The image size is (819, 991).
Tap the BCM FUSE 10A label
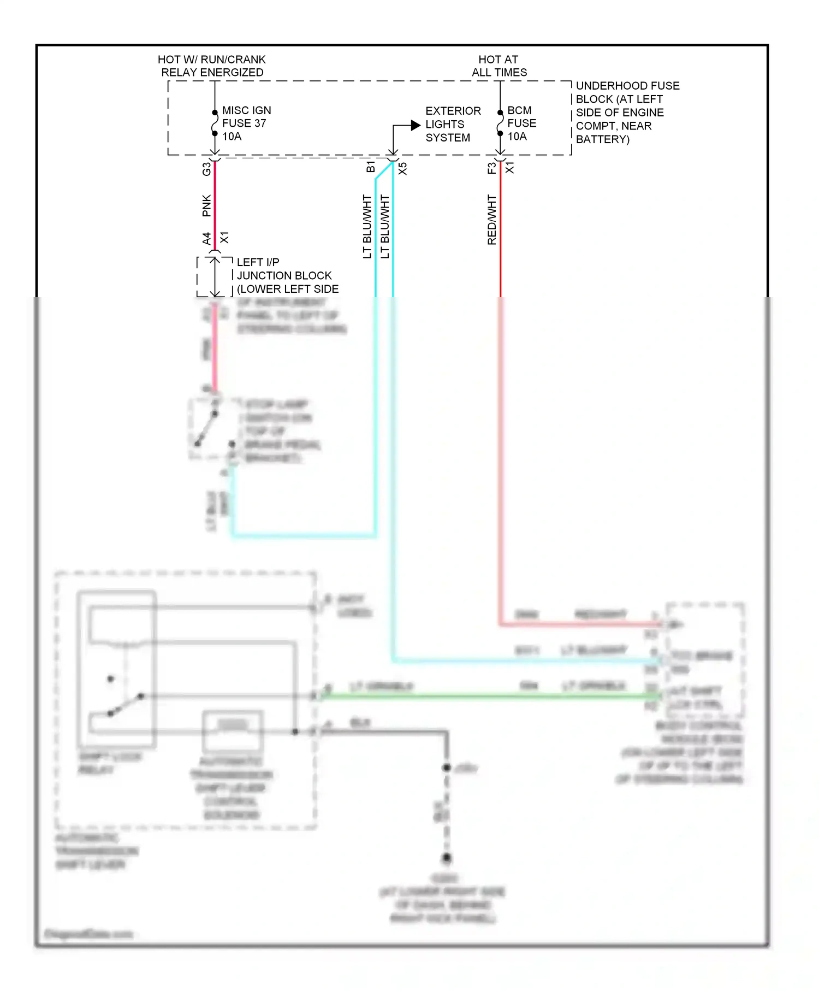tap(521, 123)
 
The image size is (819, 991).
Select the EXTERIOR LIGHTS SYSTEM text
tap(452, 125)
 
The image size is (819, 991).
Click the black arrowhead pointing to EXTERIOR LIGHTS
tap(416, 125)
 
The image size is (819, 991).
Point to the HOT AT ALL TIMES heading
tap(499, 66)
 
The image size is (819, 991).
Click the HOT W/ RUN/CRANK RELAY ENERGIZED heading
tap(212, 66)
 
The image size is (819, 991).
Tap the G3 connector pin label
tap(206, 169)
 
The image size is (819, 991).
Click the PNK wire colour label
tap(206, 205)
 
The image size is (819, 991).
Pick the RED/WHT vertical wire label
tap(492, 220)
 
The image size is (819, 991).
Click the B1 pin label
tap(371, 167)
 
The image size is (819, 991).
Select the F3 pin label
tap(491, 168)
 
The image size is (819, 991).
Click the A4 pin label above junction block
tap(206, 239)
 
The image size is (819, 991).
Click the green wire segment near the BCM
tap(546, 696)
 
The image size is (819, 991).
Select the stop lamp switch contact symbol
tap(207, 429)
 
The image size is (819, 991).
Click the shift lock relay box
tap(117, 669)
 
